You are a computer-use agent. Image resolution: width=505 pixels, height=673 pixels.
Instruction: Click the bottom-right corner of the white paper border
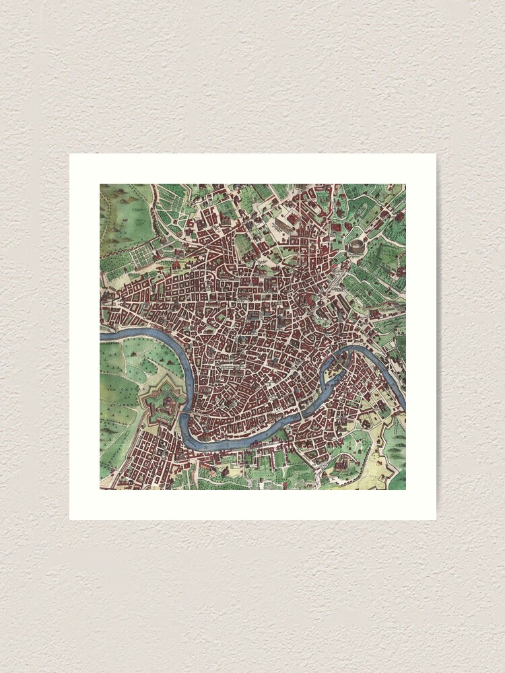pyautogui.click(x=435, y=519)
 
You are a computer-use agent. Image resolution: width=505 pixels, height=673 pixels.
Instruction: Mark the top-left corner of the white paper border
pyautogui.click(x=70, y=154)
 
